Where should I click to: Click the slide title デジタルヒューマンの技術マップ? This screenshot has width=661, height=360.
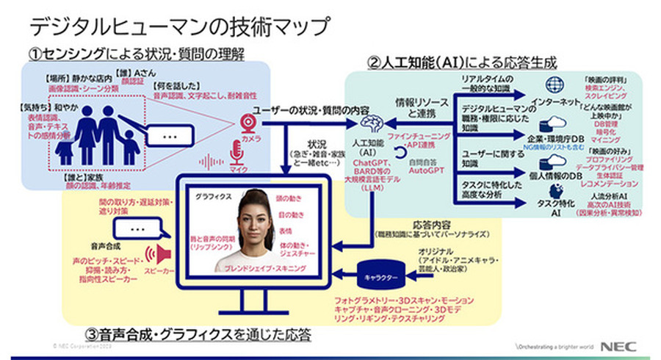click(180, 26)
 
